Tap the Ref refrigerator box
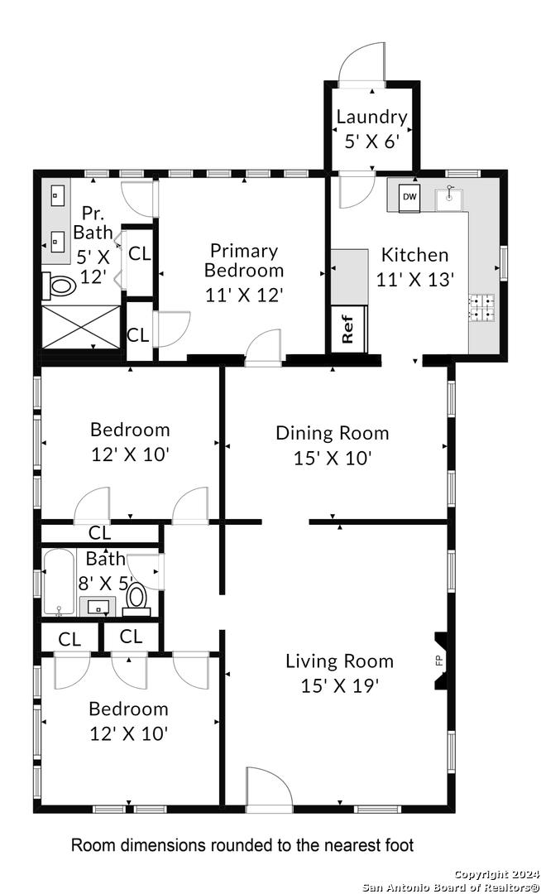click(x=348, y=329)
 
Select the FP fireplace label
click(x=439, y=661)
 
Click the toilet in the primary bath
click(x=60, y=286)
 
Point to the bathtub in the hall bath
click(x=60, y=583)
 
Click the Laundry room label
click(x=372, y=117)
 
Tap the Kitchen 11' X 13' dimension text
click(x=415, y=280)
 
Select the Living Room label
click(x=339, y=661)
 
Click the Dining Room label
click(x=333, y=433)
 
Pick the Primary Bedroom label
click(x=244, y=260)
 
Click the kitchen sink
click(x=448, y=198)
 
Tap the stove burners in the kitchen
click(x=481, y=306)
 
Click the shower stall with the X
click(x=81, y=327)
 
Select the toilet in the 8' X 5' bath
click(x=136, y=599)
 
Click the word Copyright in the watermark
click(x=478, y=874)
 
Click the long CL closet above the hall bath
click(x=99, y=534)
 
